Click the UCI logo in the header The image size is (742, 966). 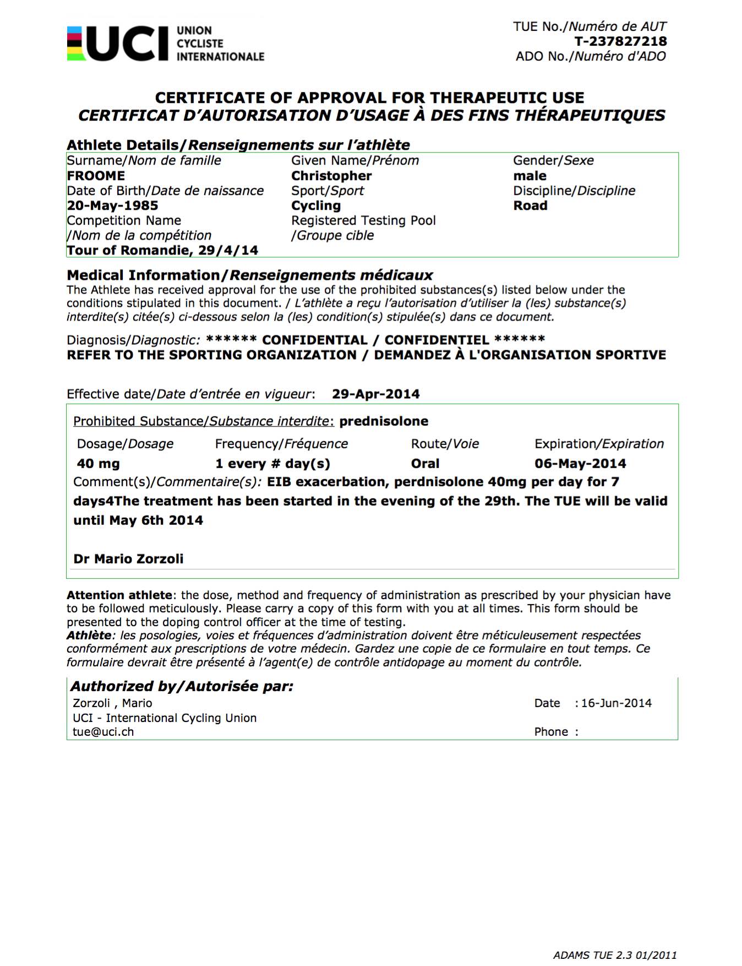point(165,43)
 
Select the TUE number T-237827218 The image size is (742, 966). point(620,41)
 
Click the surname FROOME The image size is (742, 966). point(96,176)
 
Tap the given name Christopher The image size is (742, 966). point(331,176)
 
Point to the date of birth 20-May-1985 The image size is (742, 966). point(112,205)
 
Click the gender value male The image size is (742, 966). point(530,176)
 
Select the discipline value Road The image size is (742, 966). point(530,205)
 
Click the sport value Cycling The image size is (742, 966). point(316,205)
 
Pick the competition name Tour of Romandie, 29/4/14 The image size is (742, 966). point(162,250)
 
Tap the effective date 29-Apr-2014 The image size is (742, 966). point(375,394)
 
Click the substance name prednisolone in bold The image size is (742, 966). point(384,421)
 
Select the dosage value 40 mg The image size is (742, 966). point(99,464)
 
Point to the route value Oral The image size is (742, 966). point(425,464)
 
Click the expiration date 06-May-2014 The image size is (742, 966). point(580,464)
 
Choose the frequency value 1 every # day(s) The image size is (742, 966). point(272,464)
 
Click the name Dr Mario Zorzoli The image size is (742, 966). point(128,559)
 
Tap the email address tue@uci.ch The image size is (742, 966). point(103,732)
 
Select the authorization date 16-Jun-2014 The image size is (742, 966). point(616,703)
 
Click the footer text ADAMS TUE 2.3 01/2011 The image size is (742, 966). point(615,956)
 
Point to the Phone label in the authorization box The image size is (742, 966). point(551,732)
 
